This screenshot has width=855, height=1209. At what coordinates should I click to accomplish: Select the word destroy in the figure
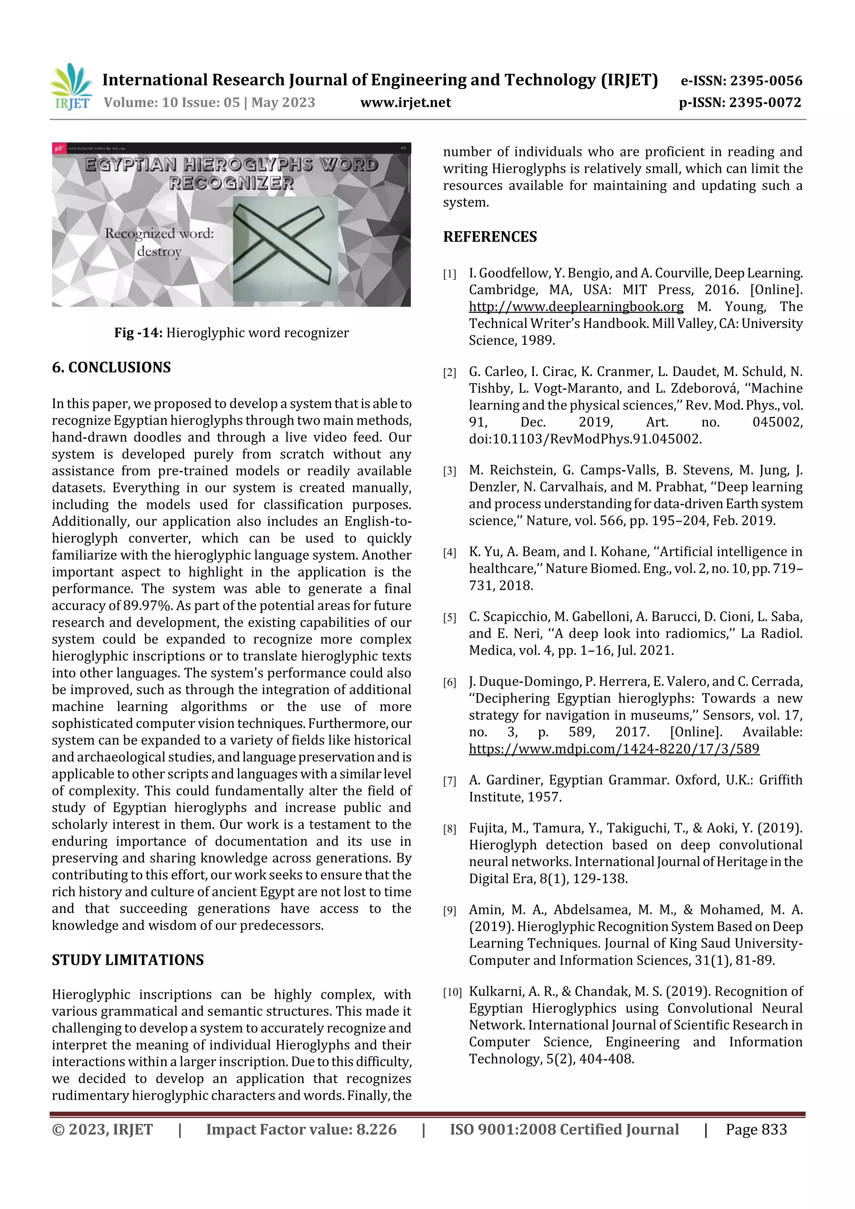159,252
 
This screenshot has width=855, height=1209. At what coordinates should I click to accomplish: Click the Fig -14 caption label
138,333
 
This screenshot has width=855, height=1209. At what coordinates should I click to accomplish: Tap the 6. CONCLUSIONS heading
111,368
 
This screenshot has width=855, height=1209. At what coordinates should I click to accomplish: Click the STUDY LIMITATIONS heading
127,960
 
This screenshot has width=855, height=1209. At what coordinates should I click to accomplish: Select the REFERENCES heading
490,237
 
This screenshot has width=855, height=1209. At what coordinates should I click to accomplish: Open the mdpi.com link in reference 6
614,749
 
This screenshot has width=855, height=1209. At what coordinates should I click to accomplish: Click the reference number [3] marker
449,471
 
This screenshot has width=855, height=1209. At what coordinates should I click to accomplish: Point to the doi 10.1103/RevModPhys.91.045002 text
585,439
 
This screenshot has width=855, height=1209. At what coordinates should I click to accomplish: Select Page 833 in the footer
756,1129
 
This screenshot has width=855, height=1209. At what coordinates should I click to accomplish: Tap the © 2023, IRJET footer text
102,1129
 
